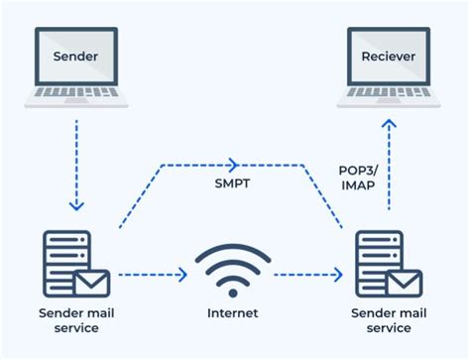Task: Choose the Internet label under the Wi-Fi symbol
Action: point(233,313)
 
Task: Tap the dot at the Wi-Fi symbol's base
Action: point(233,291)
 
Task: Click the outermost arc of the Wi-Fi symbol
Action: point(233,251)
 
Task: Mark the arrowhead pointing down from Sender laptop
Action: point(77,205)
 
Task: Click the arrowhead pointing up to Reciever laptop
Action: point(389,126)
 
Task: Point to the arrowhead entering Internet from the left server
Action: point(185,273)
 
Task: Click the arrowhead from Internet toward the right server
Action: point(338,273)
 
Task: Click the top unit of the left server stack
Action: point(67,242)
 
